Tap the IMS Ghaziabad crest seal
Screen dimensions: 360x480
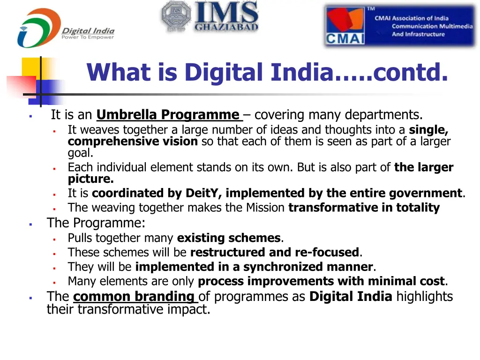click(x=175, y=17)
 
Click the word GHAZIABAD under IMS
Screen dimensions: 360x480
click(x=226, y=28)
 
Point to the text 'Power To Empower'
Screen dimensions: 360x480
click(x=88, y=37)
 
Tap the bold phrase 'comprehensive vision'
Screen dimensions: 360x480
click(x=133, y=142)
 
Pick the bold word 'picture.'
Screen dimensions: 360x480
click(x=91, y=179)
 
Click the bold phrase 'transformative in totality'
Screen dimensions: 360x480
click(x=364, y=208)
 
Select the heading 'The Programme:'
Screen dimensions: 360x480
click(x=96, y=223)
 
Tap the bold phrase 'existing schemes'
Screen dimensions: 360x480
click(x=229, y=238)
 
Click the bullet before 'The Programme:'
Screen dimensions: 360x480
click(x=30, y=224)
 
